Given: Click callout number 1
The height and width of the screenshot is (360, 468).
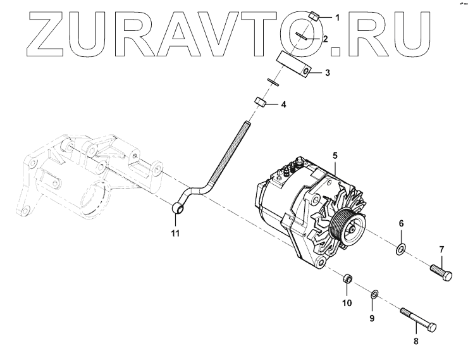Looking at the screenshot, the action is pyautogui.click(x=337, y=18).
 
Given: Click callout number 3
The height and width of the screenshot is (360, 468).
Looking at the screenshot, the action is pyautogui.click(x=328, y=73).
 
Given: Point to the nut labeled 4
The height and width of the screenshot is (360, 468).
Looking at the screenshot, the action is pyautogui.click(x=259, y=102).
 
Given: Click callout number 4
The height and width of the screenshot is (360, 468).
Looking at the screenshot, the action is pyautogui.click(x=283, y=104).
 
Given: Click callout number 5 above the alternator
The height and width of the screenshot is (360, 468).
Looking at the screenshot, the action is pyautogui.click(x=336, y=156).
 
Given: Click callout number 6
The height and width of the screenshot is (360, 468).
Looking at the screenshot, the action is pyautogui.click(x=400, y=225).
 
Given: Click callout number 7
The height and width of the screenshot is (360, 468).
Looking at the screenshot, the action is pyautogui.click(x=442, y=249).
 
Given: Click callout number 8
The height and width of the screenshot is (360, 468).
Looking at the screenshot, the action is pyautogui.click(x=415, y=342).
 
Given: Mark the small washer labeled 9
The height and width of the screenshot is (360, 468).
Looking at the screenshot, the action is pyautogui.click(x=374, y=293).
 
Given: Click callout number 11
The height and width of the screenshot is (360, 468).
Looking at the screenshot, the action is pyautogui.click(x=175, y=233).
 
